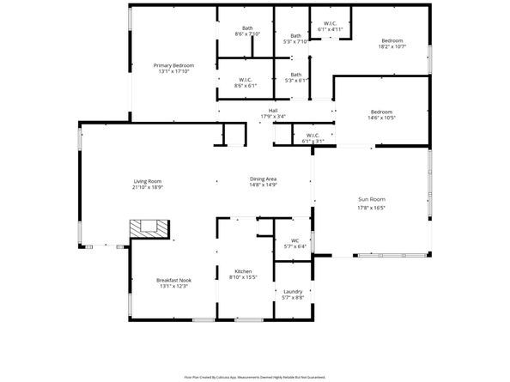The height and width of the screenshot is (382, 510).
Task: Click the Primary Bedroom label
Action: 173,66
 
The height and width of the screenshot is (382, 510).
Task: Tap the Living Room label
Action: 148,181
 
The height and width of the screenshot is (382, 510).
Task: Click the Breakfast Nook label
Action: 173,280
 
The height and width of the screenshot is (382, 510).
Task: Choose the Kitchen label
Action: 243,271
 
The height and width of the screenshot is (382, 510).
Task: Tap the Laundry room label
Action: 292,291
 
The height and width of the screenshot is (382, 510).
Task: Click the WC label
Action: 294,240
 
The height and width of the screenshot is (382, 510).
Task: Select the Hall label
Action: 273,111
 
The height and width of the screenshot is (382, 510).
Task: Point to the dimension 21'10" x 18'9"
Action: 148,187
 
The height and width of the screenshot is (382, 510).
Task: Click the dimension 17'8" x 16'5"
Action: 371,207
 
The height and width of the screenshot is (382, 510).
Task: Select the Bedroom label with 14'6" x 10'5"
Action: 381,112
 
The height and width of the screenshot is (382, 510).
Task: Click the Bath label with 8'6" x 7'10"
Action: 247,28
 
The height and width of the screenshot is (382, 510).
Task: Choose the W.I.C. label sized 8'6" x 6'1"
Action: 245,81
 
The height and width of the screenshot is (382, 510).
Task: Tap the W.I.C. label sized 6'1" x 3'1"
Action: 313,135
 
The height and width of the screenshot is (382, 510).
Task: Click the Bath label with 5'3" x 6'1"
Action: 295,75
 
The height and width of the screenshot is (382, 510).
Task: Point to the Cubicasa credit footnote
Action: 254,376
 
